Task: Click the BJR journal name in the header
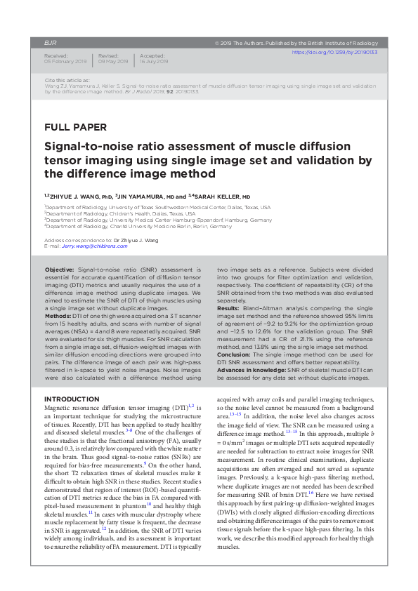pos(50,43)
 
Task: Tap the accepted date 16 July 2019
pos(154,62)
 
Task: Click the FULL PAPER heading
pos(75,127)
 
